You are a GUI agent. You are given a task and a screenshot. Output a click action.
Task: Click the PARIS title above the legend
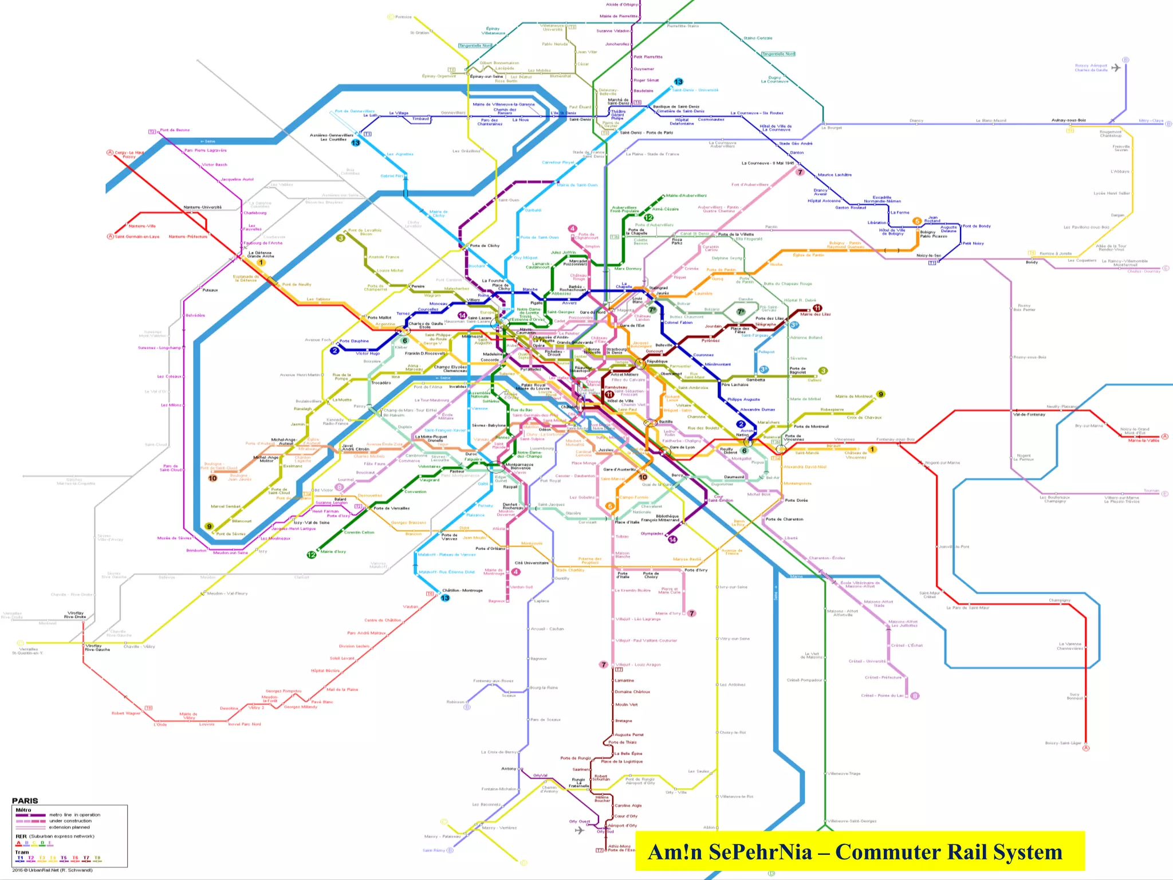[25, 800]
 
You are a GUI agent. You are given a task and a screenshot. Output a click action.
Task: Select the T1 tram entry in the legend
[20, 858]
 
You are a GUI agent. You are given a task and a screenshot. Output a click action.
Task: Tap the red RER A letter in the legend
[18, 843]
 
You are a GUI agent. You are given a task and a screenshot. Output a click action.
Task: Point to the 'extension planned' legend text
[69, 827]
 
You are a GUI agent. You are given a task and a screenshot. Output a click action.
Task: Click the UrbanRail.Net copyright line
[52, 870]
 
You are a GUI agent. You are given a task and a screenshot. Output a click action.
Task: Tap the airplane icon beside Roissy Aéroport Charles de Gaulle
[1116, 68]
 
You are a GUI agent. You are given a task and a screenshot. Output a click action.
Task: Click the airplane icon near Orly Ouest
[580, 830]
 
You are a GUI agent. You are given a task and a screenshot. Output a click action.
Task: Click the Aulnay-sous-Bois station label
[1068, 120]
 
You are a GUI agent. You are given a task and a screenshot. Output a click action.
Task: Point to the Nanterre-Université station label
[202, 207]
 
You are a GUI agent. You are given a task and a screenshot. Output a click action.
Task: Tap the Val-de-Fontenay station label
[1029, 414]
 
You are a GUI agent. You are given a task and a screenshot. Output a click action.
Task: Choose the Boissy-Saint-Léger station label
[1063, 743]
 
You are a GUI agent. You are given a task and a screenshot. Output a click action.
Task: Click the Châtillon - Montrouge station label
[462, 590]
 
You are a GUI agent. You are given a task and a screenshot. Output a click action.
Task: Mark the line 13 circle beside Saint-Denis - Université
[679, 82]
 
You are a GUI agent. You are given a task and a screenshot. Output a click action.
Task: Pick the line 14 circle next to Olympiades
[672, 539]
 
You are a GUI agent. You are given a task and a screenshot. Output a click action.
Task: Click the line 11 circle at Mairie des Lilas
[817, 308]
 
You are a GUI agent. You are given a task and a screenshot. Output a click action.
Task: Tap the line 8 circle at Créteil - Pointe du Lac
[915, 696]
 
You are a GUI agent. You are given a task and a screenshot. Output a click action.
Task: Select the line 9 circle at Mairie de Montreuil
[881, 394]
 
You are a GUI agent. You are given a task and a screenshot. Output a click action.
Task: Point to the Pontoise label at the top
[403, 17]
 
